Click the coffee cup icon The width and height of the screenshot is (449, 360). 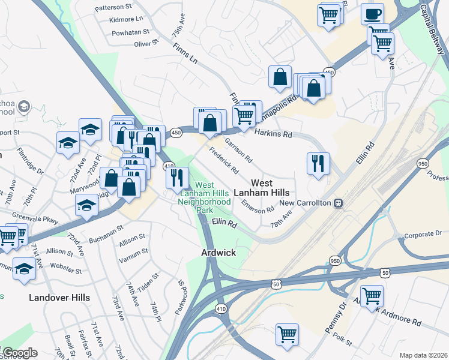[x=372, y=13]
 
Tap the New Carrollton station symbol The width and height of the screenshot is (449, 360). [x=339, y=203]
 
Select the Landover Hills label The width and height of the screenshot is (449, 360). [x=59, y=298]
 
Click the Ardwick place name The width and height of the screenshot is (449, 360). [x=218, y=253]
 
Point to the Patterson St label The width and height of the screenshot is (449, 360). [x=113, y=7]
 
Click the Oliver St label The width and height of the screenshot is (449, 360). [x=146, y=44]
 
